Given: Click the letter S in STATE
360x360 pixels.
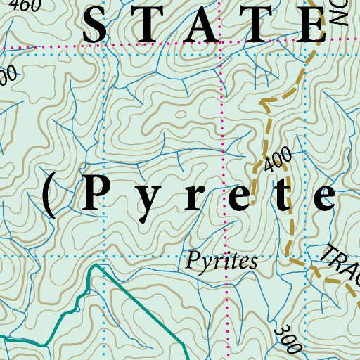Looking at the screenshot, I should tap(99, 27).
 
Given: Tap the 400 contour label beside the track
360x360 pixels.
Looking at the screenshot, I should tap(278, 163).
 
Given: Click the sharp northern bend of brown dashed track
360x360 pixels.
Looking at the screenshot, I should tap(261, 102).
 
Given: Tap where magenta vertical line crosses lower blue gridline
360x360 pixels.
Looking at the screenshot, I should tap(224, 257).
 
